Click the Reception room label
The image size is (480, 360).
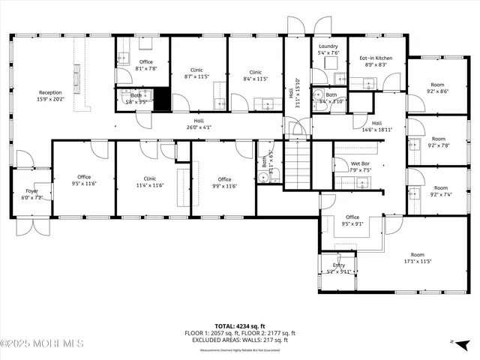coord(50,95)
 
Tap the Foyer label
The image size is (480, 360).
coord(31,193)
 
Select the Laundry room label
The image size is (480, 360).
coord(328,49)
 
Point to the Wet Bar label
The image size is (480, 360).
coord(360,166)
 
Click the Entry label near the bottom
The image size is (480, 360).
coord(339,268)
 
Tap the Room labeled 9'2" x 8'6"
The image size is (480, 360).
coord(438,88)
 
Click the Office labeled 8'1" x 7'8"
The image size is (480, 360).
coord(145,64)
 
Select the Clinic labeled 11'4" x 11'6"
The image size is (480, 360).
coord(150,181)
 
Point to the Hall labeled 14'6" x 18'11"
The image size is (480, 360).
coord(376,126)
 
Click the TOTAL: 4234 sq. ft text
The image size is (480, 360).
coord(239,326)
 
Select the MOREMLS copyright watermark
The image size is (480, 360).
coord(42,343)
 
